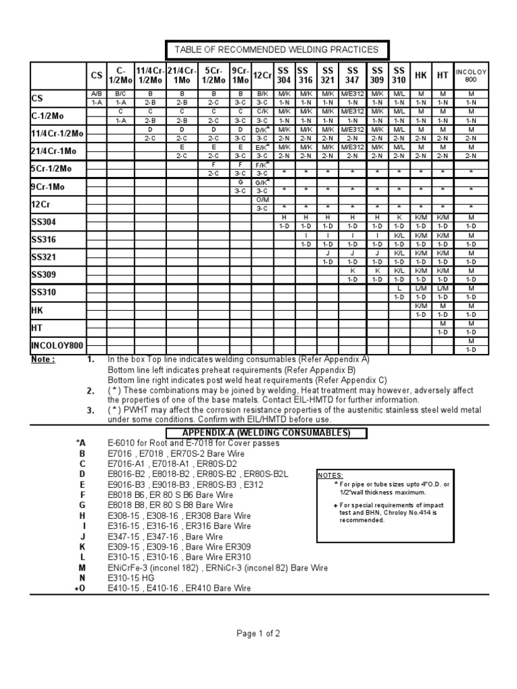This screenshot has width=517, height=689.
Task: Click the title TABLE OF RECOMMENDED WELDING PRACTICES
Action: coord(276,49)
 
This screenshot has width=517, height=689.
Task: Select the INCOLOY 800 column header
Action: coord(471,74)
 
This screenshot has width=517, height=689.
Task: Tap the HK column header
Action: coord(421,75)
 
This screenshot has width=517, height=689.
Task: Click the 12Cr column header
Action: coord(262,75)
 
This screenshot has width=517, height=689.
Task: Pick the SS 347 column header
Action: coord(352,75)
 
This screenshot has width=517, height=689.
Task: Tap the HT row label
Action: coord(37,328)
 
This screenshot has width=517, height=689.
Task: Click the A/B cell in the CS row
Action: coord(96,93)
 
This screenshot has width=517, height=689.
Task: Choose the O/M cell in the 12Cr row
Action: coord(262,200)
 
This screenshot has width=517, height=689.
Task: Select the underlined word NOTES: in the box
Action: coord(329,475)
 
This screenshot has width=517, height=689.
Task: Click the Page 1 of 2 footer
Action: coord(258,633)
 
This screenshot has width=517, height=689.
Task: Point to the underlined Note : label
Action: coord(44,359)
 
